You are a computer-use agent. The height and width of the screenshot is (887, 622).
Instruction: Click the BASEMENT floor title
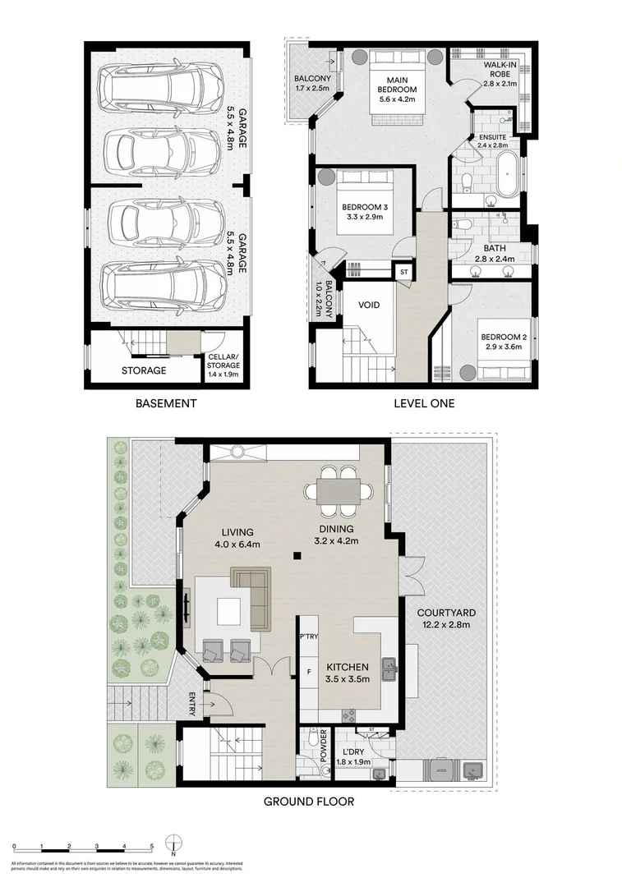[167, 403]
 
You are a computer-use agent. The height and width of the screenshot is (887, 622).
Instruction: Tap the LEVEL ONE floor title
[423, 403]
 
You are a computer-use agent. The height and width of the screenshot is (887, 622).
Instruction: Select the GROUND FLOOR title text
[308, 802]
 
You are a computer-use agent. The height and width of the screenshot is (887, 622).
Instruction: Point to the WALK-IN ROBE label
[500, 72]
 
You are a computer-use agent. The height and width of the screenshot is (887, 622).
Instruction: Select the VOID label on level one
[370, 305]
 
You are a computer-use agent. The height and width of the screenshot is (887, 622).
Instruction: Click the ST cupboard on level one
[403, 272]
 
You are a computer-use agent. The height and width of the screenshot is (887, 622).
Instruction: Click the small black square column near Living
[297, 557]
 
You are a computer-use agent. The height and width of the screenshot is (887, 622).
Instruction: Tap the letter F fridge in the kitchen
[309, 671]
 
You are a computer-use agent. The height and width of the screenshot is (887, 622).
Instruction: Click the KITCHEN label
[348, 673]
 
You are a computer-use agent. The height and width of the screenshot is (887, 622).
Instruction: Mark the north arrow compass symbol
[173, 845]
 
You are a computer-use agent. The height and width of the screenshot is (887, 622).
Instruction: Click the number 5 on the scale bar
[151, 845]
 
